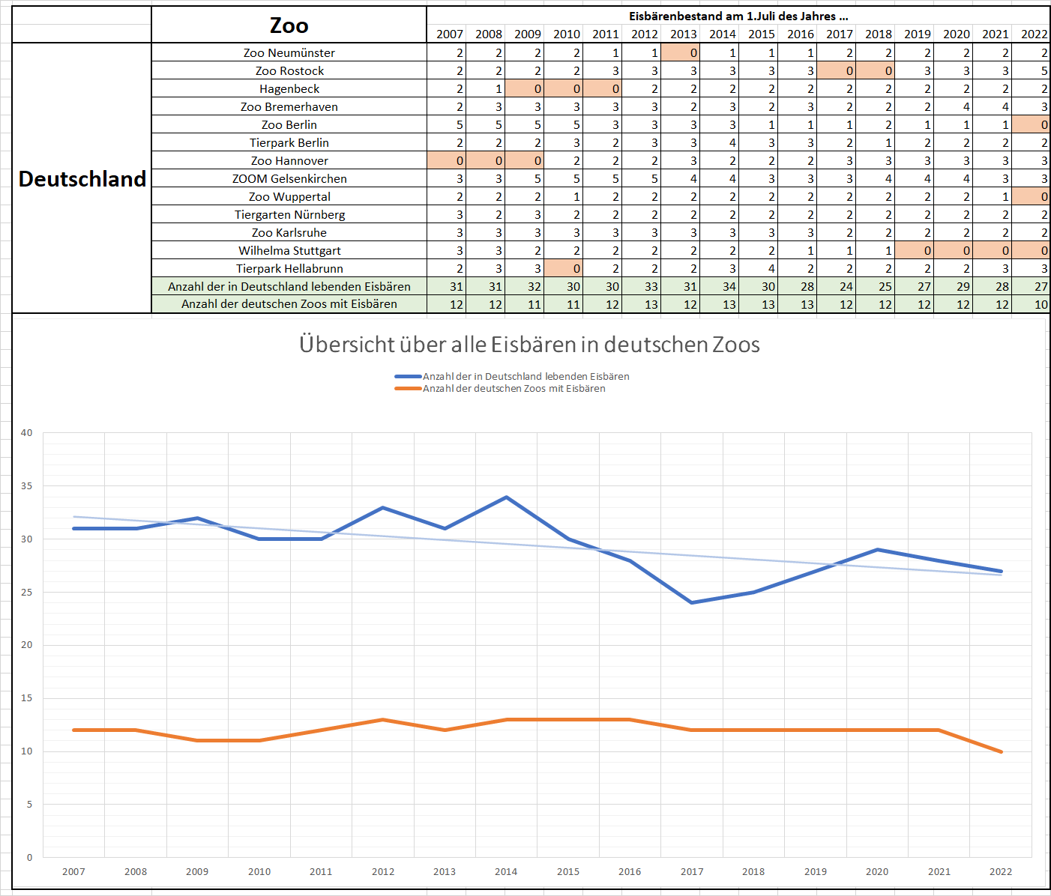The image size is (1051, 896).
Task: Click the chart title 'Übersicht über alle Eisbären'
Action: [529, 345]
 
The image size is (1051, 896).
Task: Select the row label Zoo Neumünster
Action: [289, 52]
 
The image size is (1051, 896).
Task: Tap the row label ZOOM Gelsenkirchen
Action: [289, 178]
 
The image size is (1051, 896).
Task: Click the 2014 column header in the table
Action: [722, 34]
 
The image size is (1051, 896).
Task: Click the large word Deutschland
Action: [82, 179]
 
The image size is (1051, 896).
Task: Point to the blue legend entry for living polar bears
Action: [525, 376]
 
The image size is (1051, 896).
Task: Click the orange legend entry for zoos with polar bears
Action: [514, 388]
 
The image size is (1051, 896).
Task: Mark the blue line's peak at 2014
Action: [506, 497]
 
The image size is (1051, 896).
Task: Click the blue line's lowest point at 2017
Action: [692, 602]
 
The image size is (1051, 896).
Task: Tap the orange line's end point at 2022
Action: [1001, 751]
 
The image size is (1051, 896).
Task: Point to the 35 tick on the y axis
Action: [27, 486]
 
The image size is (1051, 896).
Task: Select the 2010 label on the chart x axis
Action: [259, 871]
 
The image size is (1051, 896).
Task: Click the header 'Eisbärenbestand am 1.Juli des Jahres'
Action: [738, 16]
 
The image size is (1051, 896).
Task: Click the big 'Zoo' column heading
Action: [289, 25]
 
